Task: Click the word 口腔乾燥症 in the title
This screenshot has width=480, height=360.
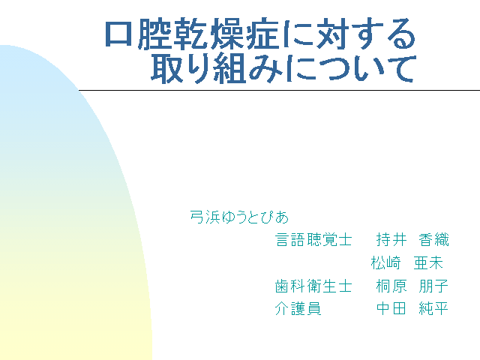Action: (x=191, y=34)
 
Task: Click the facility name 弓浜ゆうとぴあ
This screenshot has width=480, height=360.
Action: (x=239, y=217)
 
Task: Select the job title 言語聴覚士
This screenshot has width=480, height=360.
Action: (x=313, y=239)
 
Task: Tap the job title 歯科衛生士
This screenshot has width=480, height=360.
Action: (x=313, y=286)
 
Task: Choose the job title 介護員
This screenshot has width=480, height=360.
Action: (x=298, y=308)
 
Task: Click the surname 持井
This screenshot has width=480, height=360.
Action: (x=391, y=239)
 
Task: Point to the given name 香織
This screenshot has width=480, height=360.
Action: (x=433, y=239)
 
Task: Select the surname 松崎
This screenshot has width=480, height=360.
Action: (x=385, y=262)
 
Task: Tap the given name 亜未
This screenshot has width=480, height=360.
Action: (x=428, y=262)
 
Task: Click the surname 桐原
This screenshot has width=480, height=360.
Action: (x=391, y=286)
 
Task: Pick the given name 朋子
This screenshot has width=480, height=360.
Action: (x=433, y=286)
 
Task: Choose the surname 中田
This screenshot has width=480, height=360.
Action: (x=391, y=308)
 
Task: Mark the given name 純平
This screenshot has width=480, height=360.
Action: (x=433, y=308)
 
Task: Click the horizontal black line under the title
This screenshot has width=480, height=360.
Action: (x=279, y=90)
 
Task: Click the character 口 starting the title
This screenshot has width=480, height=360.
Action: (x=118, y=34)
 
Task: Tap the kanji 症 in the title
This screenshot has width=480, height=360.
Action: (x=262, y=34)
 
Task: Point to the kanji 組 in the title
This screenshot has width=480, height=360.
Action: (x=229, y=68)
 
